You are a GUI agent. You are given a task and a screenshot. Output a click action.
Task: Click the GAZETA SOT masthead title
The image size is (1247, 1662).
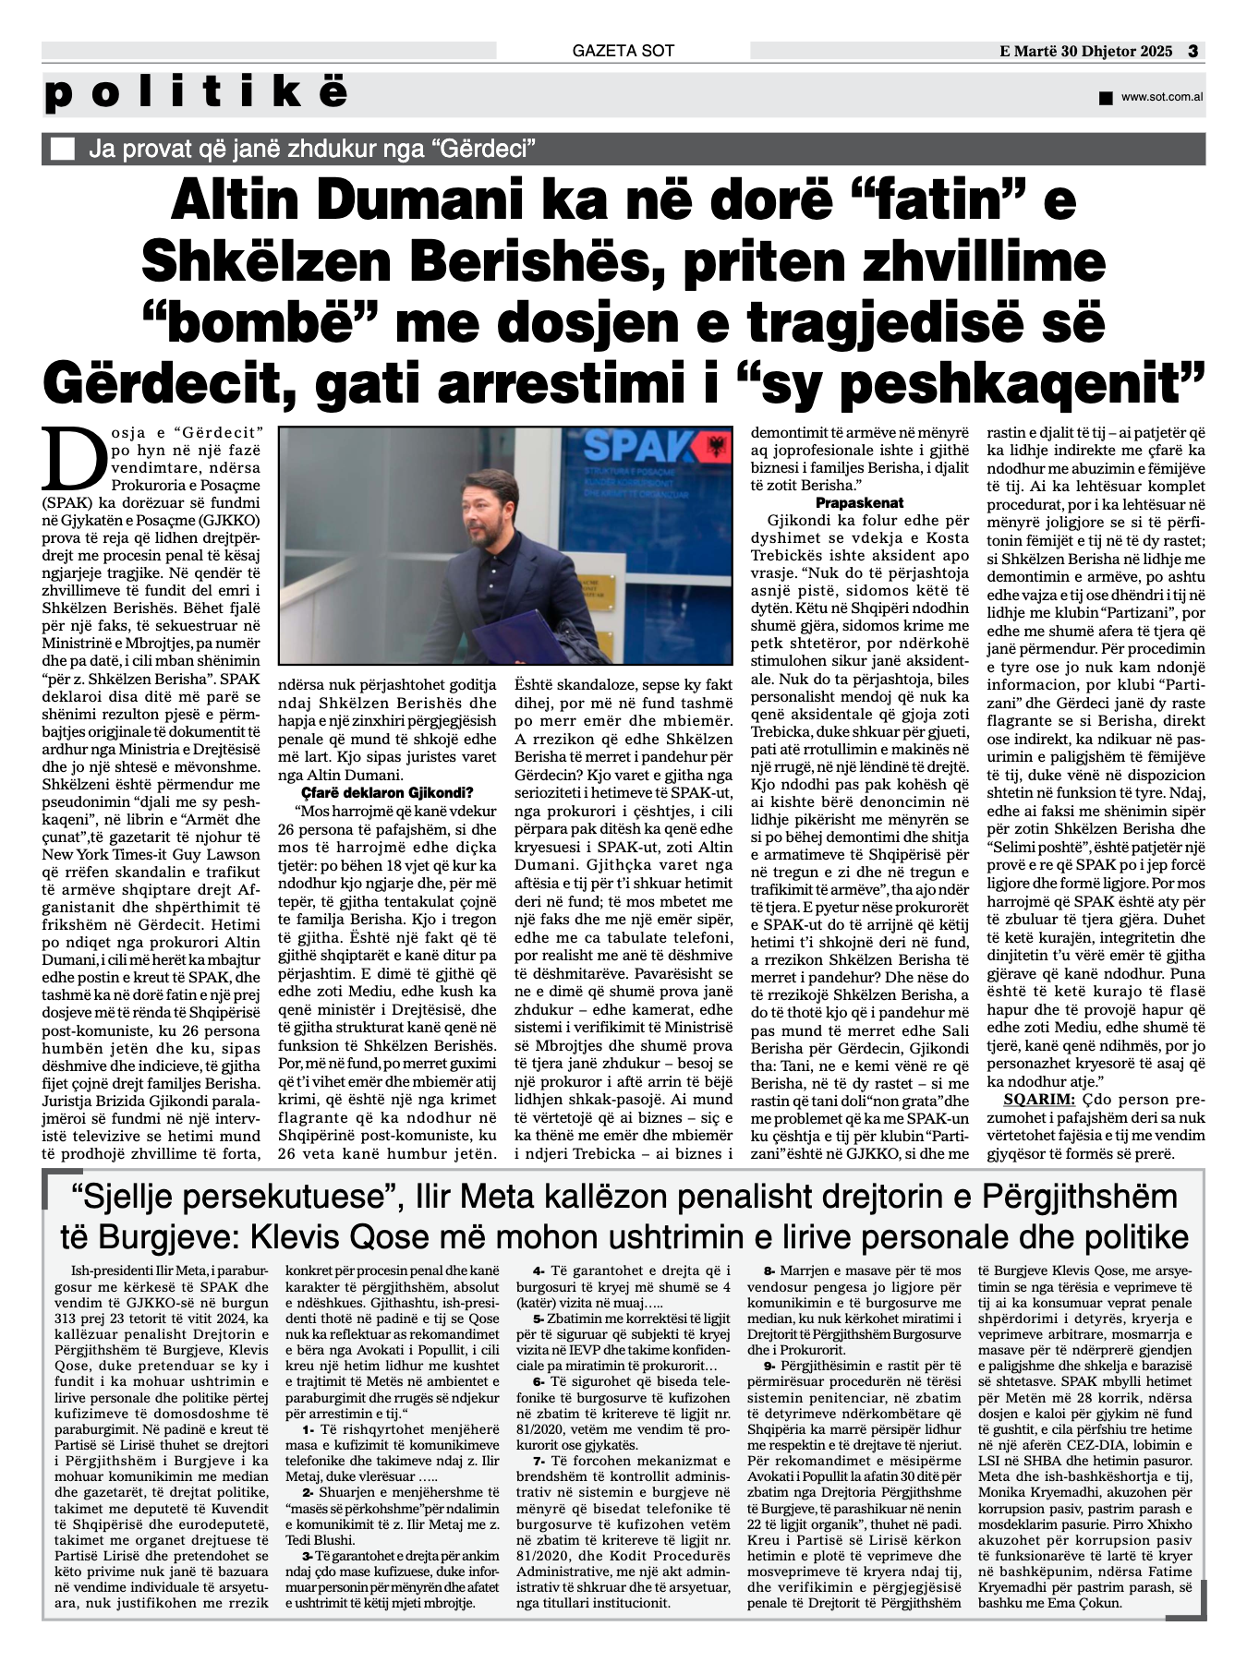point(623,51)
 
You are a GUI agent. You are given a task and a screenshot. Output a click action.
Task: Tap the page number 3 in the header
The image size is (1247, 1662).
point(1193,51)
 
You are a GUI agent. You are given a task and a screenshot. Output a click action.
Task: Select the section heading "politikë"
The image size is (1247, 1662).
point(196,94)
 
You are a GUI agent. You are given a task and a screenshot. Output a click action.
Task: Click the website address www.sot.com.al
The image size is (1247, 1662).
point(1161,97)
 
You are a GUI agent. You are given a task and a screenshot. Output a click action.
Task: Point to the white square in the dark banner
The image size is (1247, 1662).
point(63,149)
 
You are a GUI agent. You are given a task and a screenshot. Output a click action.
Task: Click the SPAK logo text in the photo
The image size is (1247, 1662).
point(638,447)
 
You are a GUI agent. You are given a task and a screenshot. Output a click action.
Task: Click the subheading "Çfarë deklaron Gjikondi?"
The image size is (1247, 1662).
point(387,793)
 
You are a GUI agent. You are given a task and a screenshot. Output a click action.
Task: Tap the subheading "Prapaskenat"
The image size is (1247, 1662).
point(859,503)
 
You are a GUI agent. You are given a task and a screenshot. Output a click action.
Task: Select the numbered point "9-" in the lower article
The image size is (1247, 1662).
point(770,1365)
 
